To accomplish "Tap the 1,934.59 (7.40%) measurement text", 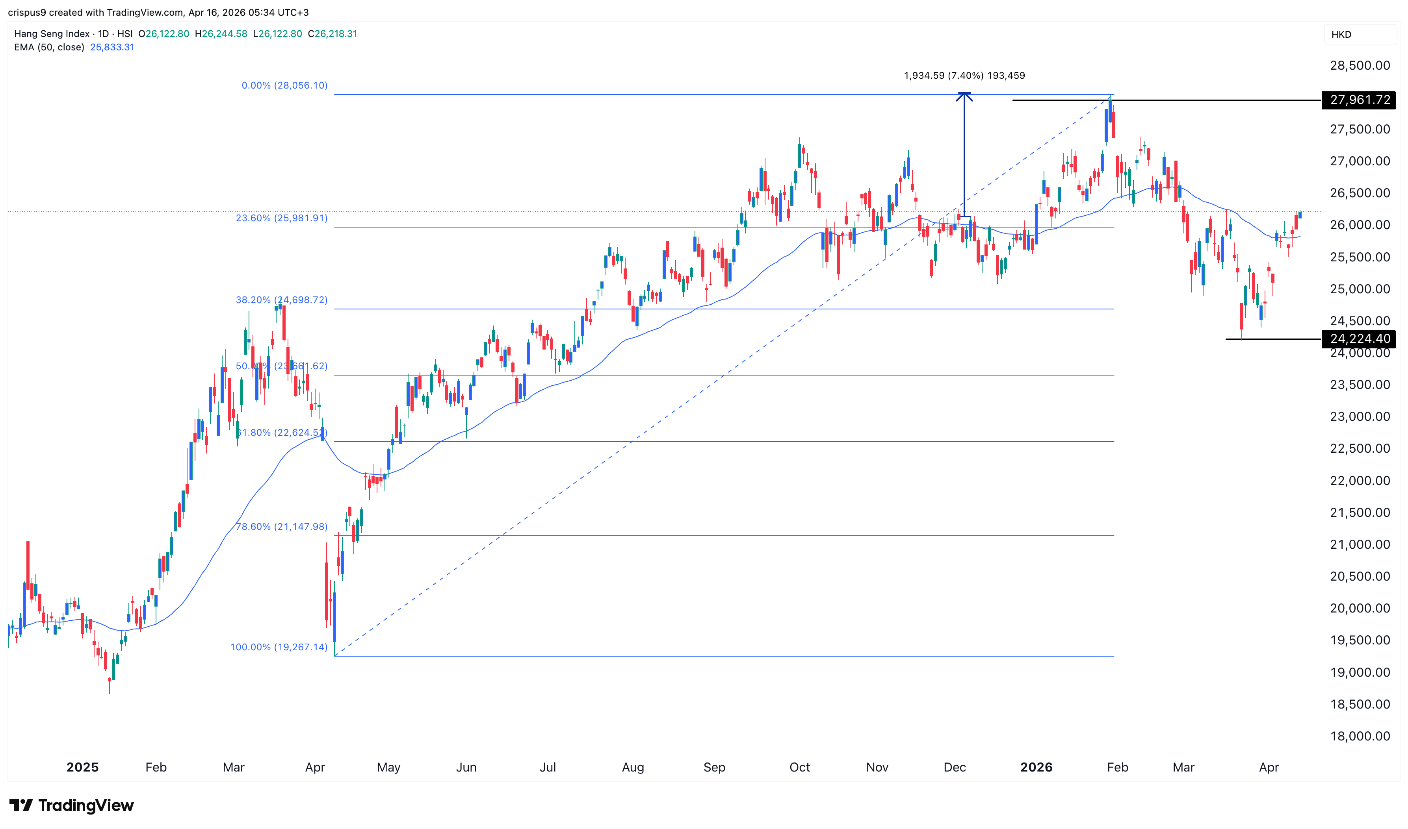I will pyautogui.click(x=964, y=76).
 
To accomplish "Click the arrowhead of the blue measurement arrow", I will pyautogui.click(x=964, y=96).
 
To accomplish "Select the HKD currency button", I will pyautogui.click(x=1341, y=35).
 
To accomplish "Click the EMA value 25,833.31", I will pyautogui.click(x=112, y=47).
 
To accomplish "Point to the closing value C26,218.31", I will pyautogui.click(x=332, y=33).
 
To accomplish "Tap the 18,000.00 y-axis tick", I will pyautogui.click(x=1360, y=736).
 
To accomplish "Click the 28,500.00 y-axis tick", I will pyautogui.click(x=1360, y=65).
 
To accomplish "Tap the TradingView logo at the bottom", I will pyautogui.click(x=72, y=805).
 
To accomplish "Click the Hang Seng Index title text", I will pyautogui.click(x=52, y=33).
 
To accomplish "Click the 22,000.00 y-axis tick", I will pyautogui.click(x=1360, y=480).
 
